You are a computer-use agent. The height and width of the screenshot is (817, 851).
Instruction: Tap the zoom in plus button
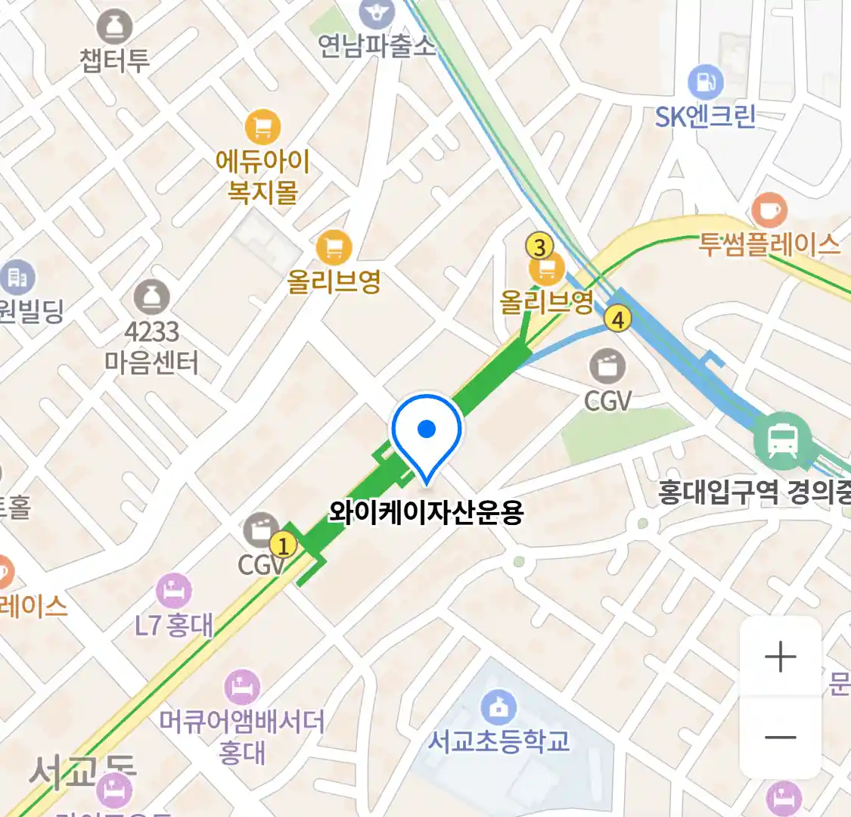(x=780, y=657)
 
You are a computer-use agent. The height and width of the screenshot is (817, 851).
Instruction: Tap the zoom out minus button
(x=780, y=737)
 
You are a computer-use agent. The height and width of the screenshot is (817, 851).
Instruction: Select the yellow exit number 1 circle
(x=283, y=545)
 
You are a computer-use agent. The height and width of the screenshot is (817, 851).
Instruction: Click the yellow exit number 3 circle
(x=539, y=247)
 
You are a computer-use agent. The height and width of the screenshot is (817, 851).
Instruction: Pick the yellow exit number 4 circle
(x=618, y=319)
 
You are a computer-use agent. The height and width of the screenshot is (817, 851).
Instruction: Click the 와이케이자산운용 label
(x=426, y=513)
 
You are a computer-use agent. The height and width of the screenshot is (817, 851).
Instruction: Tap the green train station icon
(x=782, y=440)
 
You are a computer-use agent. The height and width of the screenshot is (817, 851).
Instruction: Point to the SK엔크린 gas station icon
(x=705, y=82)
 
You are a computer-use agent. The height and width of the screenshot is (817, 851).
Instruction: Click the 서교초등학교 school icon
(x=498, y=708)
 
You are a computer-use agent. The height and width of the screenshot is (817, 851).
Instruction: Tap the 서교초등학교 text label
(x=498, y=741)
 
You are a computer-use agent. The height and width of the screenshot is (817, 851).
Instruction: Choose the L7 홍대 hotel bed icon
(x=174, y=591)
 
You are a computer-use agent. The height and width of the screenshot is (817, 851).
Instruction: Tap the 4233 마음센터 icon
(x=152, y=297)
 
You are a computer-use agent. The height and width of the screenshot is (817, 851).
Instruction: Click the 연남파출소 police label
(x=377, y=47)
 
